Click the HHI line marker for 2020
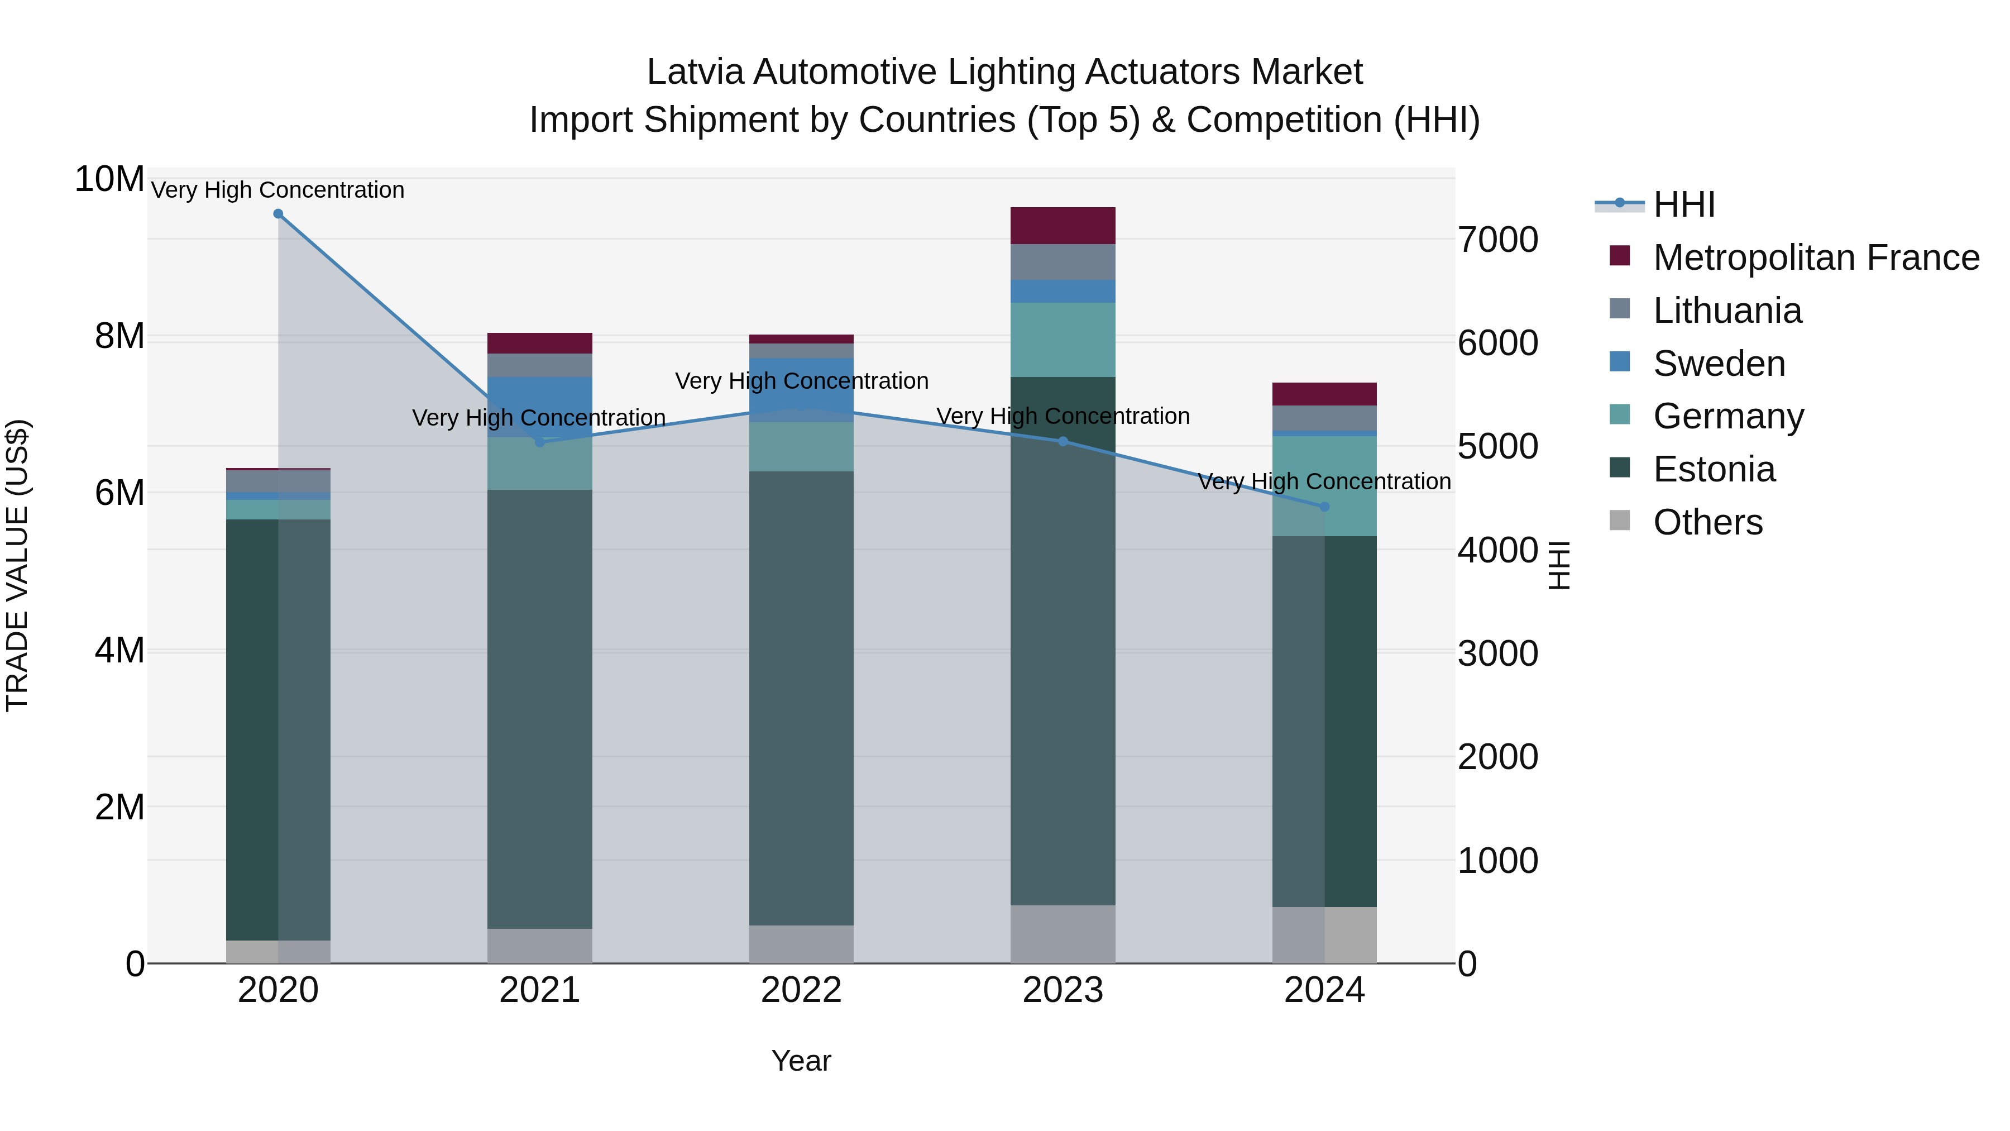click(x=278, y=214)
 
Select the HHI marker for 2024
click(x=1324, y=507)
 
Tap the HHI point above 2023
click(x=1063, y=442)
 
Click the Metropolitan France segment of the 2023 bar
click(x=1063, y=226)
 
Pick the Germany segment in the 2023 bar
click(x=1063, y=340)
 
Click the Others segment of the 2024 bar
click(x=1324, y=934)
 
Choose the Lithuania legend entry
click(x=1727, y=311)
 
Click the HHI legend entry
click(x=1683, y=204)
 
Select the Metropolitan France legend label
click(x=1816, y=257)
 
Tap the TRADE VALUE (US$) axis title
click(x=17, y=565)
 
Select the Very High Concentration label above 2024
click(x=1324, y=481)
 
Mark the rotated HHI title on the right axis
click(x=1558, y=565)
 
